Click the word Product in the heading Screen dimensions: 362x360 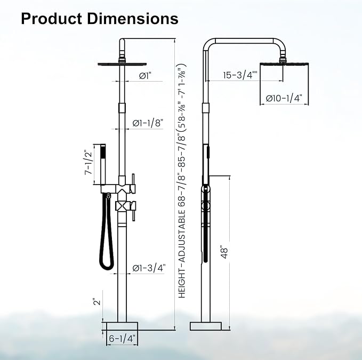(x=52, y=19)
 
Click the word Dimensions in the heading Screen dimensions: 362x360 (x=133, y=19)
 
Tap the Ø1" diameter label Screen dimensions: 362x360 (x=145, y=76)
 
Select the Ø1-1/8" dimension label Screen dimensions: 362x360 (x=148, y=123)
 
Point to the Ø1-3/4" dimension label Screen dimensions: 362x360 (x=149, y=268)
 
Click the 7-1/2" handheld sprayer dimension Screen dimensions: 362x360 (x=88, y=163)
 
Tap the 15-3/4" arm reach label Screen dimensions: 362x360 (x=240, y=75)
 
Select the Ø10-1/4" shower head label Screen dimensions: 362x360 (x=284, y=98)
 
